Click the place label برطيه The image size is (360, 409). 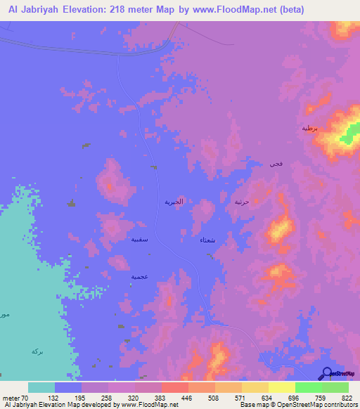[x=310, y=128]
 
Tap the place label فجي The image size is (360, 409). [x=276, y=164]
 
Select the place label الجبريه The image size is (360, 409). [x=174, y=202]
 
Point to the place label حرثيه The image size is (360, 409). [x=242, y=202]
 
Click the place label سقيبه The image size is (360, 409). [x=139, y=240]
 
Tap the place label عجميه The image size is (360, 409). [x=139, y=277]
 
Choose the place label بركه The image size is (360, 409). [x=37, y=350]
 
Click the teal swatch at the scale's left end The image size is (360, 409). [x=41, y=387]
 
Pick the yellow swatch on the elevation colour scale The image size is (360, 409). [x=281, y=387]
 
